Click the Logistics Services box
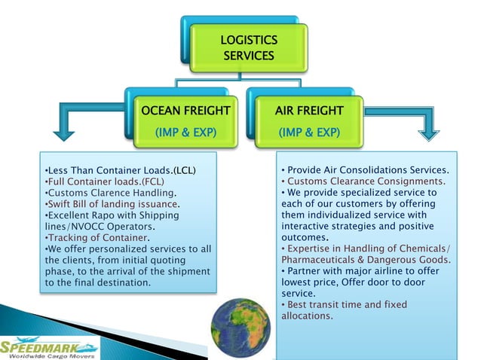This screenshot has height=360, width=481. click(249, 47)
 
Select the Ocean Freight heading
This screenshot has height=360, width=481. click(185, 111)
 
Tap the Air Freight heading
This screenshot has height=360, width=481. click(309, 111)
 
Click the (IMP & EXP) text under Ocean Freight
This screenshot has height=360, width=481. click(185, 133)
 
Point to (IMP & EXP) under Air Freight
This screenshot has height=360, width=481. click(309, 133)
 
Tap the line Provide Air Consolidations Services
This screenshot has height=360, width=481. click(366, 169)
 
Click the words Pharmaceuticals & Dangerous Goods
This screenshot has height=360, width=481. click(366, 260)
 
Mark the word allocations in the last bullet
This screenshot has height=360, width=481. click(307, 316)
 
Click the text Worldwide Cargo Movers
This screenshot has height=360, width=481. click(50, 355)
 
